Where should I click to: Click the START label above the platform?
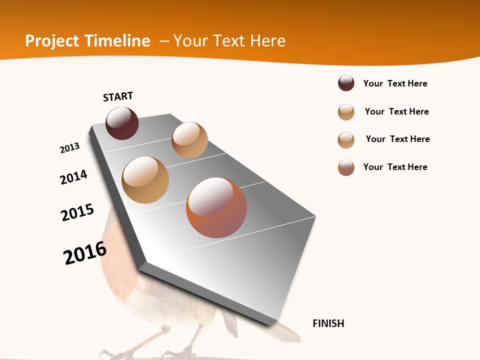click(118, 96)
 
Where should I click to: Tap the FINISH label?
click(328, 323)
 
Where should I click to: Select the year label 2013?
click(69, 148)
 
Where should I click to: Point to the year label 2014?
click(73, 177)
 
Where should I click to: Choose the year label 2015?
click(77, 212)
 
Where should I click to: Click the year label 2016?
click(85, 253)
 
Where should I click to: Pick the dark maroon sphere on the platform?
click(122, 123)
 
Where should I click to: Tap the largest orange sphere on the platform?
click(216, 207)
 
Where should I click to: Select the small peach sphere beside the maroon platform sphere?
click(189, 140)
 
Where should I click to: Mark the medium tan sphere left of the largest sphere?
click(145, 180)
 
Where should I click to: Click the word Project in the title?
click(52, 41)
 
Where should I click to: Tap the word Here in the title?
click(267, 41)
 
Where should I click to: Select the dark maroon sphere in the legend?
click(346, 83)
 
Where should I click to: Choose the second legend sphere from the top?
click(346, 112)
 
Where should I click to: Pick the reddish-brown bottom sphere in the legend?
click(346, 167)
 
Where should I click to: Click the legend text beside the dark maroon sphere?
click(395, 83)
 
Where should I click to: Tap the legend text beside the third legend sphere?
click(397, 139)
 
